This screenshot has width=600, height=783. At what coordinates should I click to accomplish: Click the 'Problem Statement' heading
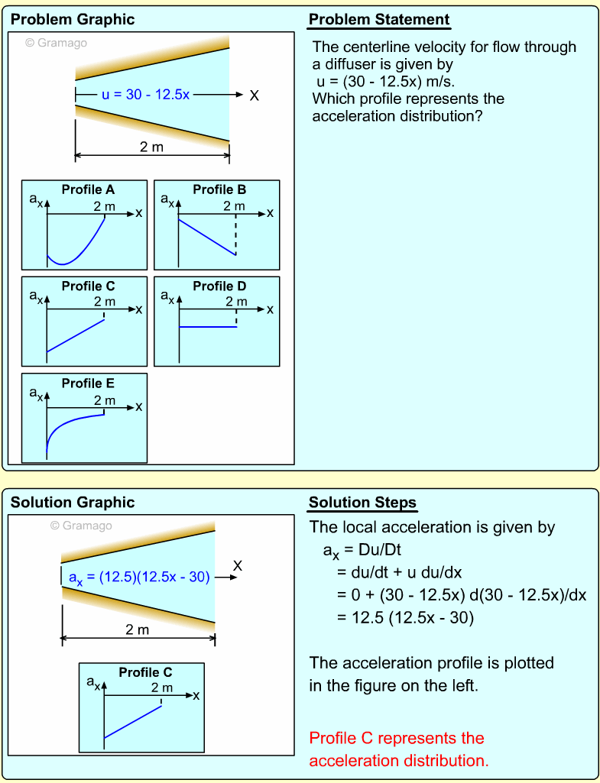379,20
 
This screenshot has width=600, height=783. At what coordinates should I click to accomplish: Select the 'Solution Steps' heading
362,503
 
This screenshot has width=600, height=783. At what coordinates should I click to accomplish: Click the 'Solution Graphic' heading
73,503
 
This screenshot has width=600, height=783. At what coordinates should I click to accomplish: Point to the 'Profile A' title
87,189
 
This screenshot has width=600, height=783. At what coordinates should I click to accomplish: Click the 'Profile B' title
219,189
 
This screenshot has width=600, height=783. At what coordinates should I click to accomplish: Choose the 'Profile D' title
219,286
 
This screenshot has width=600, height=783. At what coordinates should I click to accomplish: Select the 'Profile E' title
87,383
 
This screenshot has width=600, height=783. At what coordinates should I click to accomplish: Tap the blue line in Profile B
206,237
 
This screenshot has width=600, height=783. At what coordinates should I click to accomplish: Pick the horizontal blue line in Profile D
207,327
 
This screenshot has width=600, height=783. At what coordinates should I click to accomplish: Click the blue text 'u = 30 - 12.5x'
145,95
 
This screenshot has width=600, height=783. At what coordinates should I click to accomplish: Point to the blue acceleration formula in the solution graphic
139,578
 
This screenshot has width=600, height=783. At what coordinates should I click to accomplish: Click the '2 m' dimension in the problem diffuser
151,147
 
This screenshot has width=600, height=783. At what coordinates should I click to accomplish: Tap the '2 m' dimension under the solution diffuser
138,629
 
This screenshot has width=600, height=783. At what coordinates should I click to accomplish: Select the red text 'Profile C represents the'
397,739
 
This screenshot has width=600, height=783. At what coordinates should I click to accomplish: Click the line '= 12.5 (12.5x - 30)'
405,617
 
